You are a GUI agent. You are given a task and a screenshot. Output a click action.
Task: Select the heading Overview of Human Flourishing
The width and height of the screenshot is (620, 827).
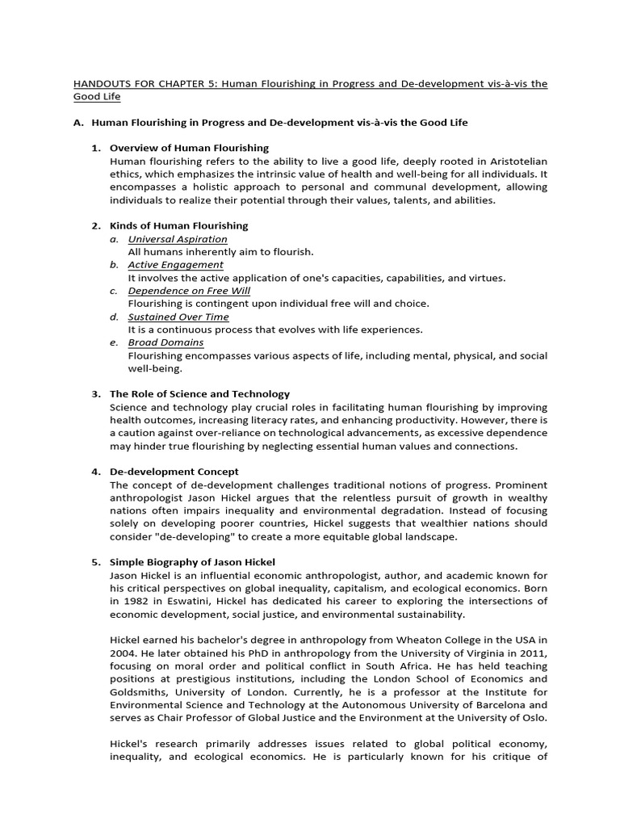(x=189, y=148)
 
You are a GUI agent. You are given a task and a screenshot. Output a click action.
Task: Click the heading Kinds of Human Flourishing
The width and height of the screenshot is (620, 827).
(x=178, y=225)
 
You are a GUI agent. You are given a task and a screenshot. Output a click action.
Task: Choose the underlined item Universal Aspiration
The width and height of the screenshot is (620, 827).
(x=178, y=239)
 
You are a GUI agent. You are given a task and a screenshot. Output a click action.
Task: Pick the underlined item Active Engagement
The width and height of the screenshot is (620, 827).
(x=175, y=265)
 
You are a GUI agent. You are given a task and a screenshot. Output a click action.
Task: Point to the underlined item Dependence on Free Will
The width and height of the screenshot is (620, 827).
(x=189, y=291)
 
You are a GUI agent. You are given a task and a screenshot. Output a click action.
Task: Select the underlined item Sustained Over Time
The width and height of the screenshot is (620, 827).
(x=178, y=317)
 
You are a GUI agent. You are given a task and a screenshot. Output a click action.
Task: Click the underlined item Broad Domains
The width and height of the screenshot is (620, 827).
(x=165, y=342)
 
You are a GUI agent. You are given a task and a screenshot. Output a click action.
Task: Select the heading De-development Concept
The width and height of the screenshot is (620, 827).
(x=174, y=472)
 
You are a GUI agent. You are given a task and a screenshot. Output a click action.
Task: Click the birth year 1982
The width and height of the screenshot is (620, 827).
(x=133, y=601)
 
